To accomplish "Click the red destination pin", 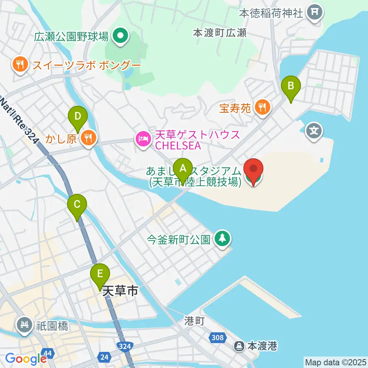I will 253,170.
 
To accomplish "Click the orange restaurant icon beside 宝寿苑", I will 263,107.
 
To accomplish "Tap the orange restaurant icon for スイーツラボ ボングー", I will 19,64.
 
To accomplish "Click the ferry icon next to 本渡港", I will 240,347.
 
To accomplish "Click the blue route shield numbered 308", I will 217,338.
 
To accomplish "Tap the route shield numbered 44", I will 48,353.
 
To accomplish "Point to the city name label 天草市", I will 120,291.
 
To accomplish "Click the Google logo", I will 26,358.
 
